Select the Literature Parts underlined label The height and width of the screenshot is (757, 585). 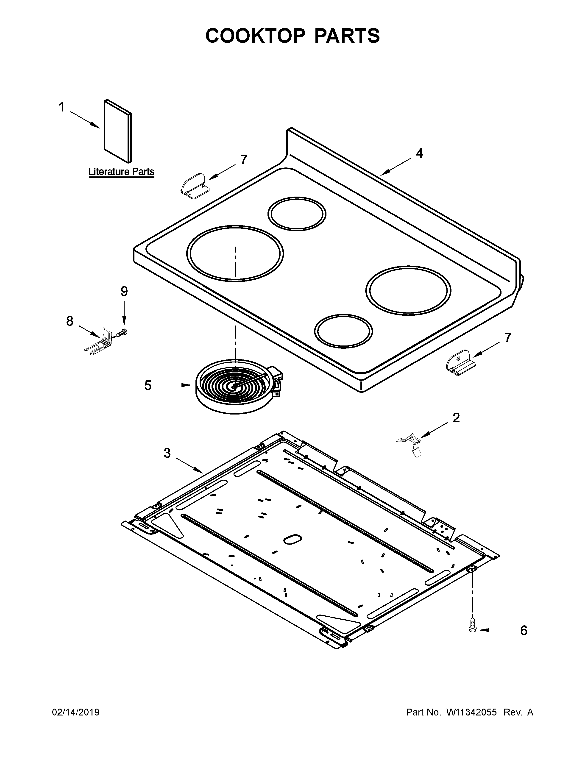121,172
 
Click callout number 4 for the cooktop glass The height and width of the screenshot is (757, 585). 419,153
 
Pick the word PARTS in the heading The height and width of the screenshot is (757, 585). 347,36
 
